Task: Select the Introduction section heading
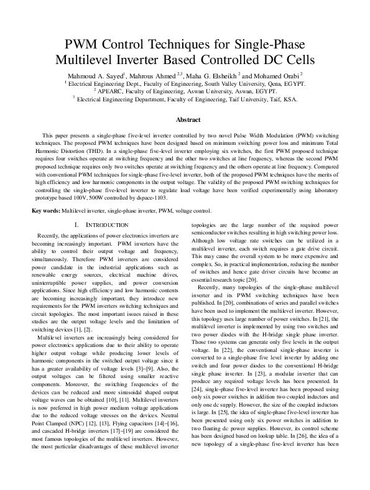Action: pyautogui.click(x=101, y=224)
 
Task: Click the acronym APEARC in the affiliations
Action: pyautogui.click(x=137, y=91)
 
